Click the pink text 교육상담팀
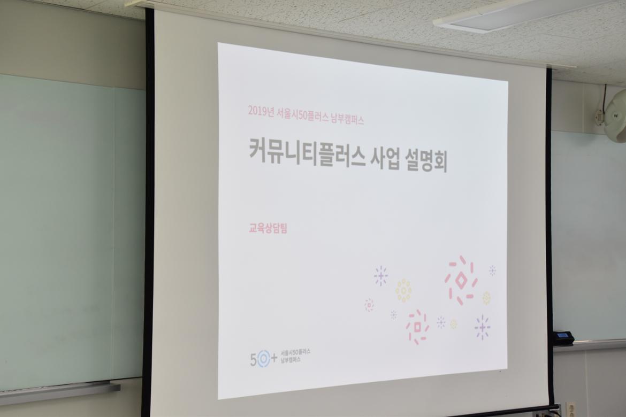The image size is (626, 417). pyautogui.click(x=268, y=229)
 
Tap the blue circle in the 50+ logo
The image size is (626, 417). pyautogui.click(x=263, y=360)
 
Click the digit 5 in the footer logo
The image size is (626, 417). pyautogui.click(x=253, y=360)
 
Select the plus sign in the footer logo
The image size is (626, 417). pyautogui.click(x=274, y=359)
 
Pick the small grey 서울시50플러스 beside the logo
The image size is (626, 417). pyautogui.click(x=296, y=353)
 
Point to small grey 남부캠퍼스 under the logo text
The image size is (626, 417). pyautogui.click(x=291, y=360)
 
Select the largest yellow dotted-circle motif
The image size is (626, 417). pyautogui.click(x=403, y=290)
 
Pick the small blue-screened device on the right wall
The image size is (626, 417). pyautogui.click(x=564, y=336)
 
